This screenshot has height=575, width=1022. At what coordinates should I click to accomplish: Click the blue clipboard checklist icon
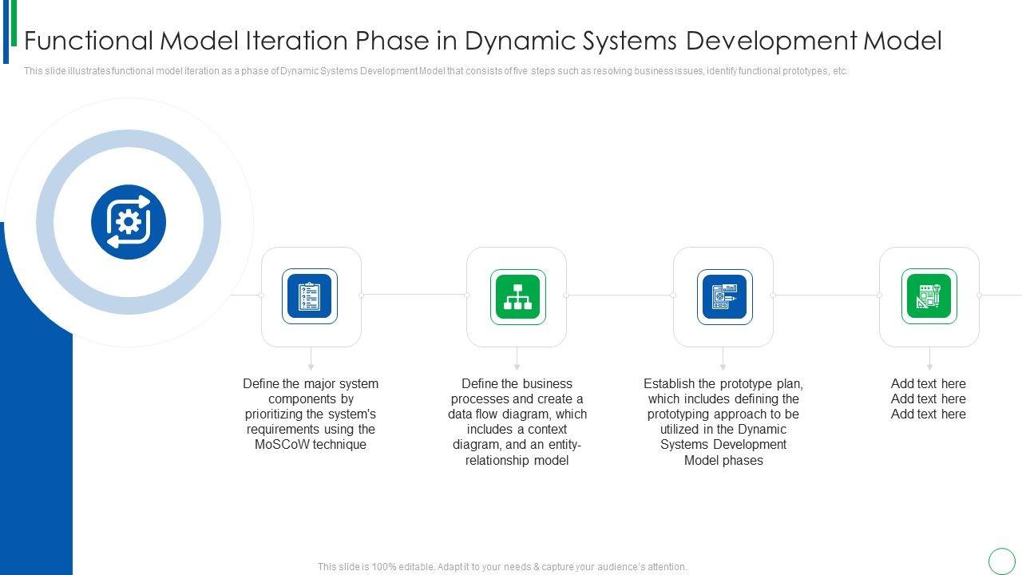[x=310, y=296]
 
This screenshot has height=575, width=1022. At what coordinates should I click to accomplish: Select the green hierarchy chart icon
[x=517, y=296]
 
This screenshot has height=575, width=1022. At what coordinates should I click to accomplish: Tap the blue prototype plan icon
[x=723, y=296]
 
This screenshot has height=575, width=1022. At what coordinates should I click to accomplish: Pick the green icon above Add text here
[x=929, y=296]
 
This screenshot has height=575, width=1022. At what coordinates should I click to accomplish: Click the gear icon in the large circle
[x=129, y=221]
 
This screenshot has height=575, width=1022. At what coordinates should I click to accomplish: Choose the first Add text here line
[x=929, y=384]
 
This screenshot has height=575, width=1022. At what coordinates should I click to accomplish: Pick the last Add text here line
[x=929, y=414]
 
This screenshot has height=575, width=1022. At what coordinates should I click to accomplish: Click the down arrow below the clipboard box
[x=311, y=365]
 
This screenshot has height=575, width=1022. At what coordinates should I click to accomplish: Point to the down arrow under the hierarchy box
[x=517, y=365]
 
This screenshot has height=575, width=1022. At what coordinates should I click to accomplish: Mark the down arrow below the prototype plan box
[x=723, y=365]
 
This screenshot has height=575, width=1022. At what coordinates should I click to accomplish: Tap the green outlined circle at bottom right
[x=1002, y=561]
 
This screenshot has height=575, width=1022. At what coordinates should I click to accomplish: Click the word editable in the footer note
[x=417, y=567]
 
